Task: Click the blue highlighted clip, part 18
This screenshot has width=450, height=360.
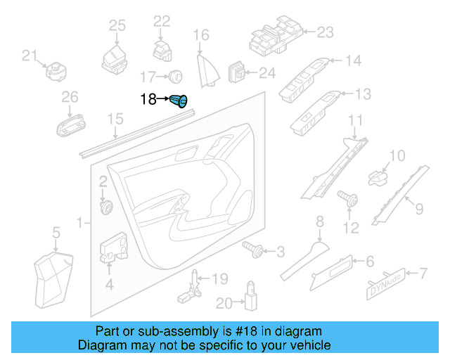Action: tap(181, 103)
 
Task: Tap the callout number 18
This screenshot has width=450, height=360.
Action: tap(148, 100)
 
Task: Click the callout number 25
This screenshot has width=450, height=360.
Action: tap(117, 26)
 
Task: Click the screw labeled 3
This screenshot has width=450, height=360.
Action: tap(254, 248)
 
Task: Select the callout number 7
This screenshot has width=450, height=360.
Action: tap(424, 272)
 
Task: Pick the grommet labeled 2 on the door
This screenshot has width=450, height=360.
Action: tap(108, 207)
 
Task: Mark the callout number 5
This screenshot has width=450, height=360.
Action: tap(56, 231)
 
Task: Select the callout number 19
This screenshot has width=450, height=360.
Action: tap(219, 279)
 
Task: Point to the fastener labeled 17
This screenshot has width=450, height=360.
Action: tap(175, 75)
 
